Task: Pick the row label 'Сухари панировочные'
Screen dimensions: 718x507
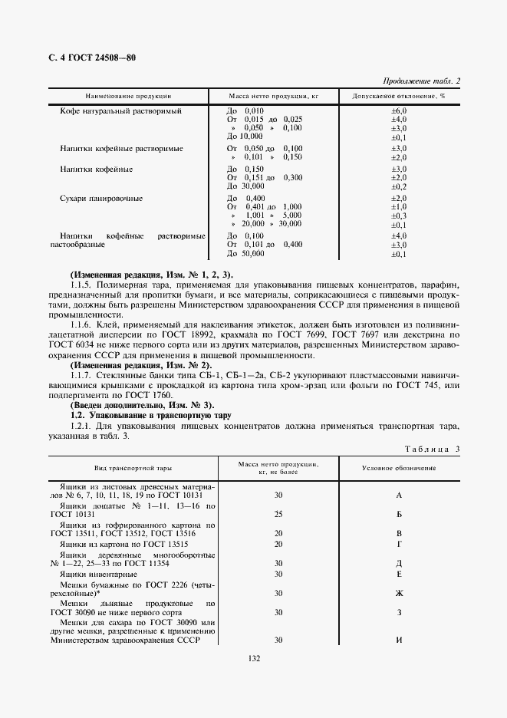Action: point(101,198)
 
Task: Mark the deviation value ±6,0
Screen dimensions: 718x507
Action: point(398,111)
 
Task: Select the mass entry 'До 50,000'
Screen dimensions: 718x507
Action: point(246,253)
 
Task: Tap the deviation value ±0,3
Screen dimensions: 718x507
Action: point(398,216)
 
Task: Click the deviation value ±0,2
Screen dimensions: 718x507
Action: point(398,186)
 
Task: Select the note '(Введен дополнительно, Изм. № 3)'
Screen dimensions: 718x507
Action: point(142,404)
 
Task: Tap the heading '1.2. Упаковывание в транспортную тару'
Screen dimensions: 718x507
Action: point(150,414)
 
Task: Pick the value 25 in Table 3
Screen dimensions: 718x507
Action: point(278,513)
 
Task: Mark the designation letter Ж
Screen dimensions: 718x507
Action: point(399,592)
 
